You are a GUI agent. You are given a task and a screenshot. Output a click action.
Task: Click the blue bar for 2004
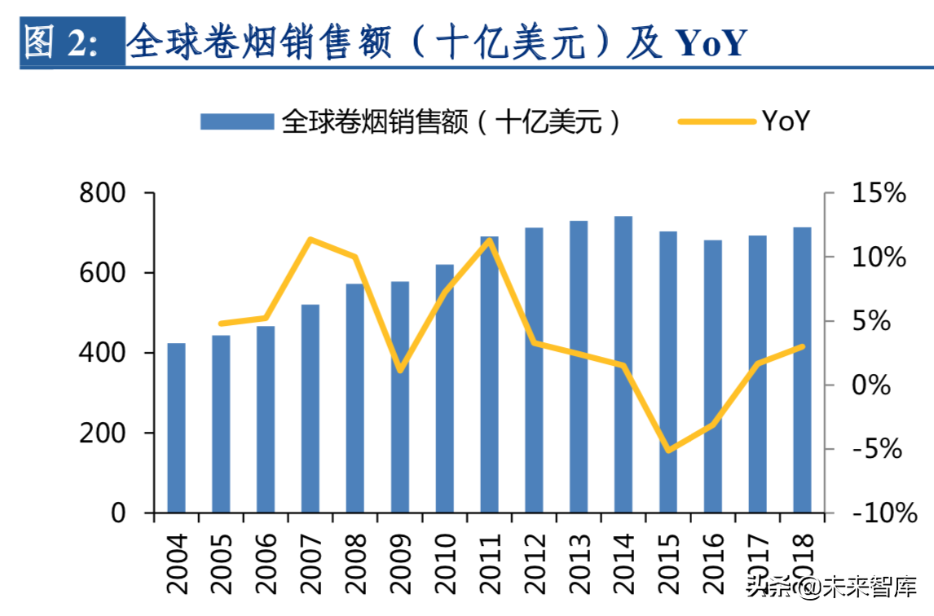[x=177, y=429]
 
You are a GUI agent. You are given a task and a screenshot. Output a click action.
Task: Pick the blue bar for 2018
[x=802, y=371]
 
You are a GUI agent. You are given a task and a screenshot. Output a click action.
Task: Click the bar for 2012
[x=534, y=371]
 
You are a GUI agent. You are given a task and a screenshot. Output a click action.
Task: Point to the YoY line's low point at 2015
[x=668, y=450]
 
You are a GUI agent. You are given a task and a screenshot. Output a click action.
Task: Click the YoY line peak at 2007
[x=311, y=239]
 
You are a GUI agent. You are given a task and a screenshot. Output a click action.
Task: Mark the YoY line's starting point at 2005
[x=221, y=323]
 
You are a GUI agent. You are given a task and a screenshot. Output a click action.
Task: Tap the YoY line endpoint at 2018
[x=802, y=346]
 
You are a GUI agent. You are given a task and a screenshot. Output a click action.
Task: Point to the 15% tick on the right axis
[x=879, y=194]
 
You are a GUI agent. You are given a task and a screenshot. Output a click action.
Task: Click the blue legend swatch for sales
[x=236, y=122]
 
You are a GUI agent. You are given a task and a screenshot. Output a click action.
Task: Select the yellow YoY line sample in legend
[x=717, y=122]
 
